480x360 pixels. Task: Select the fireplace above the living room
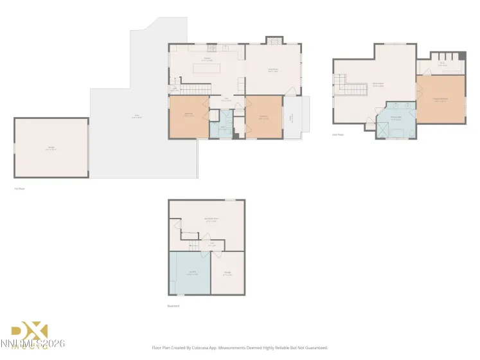click(x=273, y=40)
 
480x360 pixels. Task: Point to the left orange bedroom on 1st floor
click(x=189, y=116)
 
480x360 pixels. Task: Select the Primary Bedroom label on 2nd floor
click(x=440, y=100)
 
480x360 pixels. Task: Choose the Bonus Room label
click(x=378, y=84)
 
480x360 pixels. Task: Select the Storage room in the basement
click(x=227, y=273)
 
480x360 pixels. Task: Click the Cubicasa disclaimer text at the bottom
click(x=240, y=348)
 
